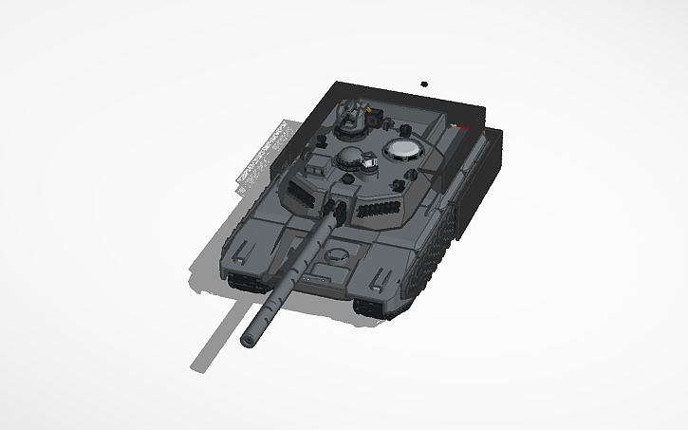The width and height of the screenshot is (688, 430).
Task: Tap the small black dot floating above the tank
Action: [x=424, y=84]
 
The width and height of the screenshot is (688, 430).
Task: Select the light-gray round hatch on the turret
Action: [x=404, y=149]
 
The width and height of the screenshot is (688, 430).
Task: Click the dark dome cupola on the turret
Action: [x=349, y=157]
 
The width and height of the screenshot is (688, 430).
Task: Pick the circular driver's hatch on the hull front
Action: [x=338, y=253]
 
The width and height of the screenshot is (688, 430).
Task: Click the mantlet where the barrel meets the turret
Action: [x=332, y=208]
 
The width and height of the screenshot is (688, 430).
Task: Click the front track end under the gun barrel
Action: [x=249, y=282]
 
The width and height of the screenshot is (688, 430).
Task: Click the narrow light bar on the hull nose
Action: [x=316, y=279]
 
